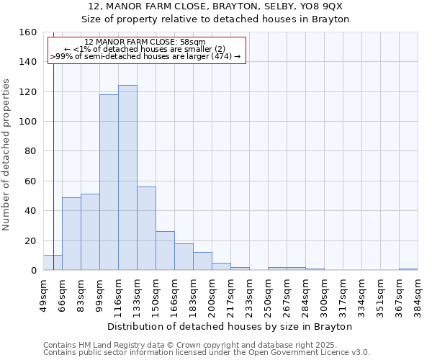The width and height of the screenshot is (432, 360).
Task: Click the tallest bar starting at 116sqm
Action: (127, 178)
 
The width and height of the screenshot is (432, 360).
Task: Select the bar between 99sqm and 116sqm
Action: (109, 182)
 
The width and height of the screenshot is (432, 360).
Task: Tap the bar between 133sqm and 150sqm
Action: (146, 228)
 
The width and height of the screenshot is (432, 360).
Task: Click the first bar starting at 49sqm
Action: (53, 263)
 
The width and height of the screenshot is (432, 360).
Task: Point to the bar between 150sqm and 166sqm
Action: (165, 251)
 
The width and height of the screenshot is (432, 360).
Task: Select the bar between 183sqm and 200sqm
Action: (202, 261)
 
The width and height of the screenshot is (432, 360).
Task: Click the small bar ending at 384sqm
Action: (408, 269)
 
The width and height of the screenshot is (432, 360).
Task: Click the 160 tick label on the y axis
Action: (27, 32)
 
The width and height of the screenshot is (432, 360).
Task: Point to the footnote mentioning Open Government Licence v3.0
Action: (207, 352)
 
